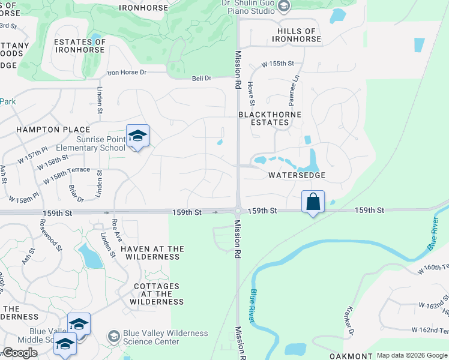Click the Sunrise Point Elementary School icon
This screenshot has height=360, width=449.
tap(137, 137)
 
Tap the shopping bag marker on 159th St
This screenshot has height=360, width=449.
tap(313, 202)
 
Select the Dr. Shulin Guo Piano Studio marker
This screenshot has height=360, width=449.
tap(285, 7)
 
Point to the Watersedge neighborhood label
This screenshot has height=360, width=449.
tap(297, 175)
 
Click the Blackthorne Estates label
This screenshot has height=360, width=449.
tap(264, 118)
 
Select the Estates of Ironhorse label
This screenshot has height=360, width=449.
tap(80, 46)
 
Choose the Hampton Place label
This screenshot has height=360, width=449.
tap(53, 130)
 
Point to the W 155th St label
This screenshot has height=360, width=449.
tap(277, 64)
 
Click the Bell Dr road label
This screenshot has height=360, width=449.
tap(202, 78)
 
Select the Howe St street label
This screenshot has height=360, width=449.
tap(252, 95)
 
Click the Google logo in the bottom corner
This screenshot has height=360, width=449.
tap(19, 353)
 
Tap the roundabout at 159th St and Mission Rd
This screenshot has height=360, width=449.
tap(238, 211)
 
